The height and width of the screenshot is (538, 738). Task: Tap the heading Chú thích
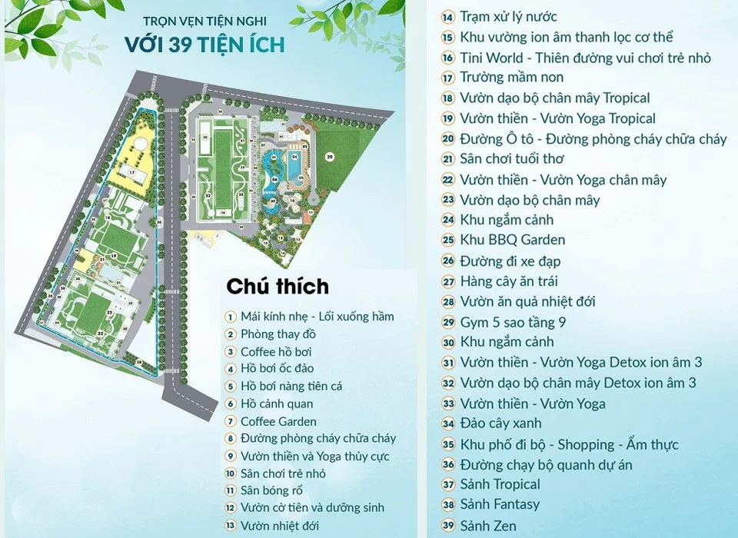(x=277, y=287)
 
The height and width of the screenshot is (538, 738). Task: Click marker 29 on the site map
(x=330, y=157)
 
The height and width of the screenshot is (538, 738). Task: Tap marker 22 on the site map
(x=101, y=333)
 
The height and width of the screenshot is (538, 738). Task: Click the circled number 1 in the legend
(x=230, y=317)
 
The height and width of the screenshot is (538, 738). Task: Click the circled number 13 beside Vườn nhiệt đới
(x=230, y=526)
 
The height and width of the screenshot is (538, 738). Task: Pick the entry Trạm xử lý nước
(x=508, y=16)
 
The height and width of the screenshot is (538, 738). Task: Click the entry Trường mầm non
(x=511, y=77)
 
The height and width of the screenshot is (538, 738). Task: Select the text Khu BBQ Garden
(x=512, y=240)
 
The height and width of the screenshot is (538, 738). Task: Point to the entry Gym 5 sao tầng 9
(x=513, y=322)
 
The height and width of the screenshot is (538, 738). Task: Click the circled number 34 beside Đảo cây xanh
(x=449, y=423)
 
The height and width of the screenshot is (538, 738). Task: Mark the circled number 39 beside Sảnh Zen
(x=449, y=526)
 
